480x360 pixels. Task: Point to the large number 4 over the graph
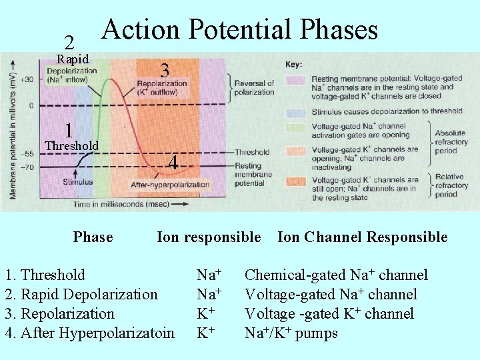click(173, 163)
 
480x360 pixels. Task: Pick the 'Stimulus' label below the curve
click(78, 181)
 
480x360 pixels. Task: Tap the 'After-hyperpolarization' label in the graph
click(170, 185)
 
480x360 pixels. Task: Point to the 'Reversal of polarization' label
click(253, 87)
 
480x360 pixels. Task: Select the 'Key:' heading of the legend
click(293, 65)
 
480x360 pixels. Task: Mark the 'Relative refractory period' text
click(451, 186)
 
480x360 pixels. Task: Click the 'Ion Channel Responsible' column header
click(362, 237)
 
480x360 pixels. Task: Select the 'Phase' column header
click(93, 237)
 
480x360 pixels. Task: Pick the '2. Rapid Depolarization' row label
click(81, 295)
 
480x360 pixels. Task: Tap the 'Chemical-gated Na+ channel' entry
click(336, 275)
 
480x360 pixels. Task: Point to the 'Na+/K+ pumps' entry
click(291, 333)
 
